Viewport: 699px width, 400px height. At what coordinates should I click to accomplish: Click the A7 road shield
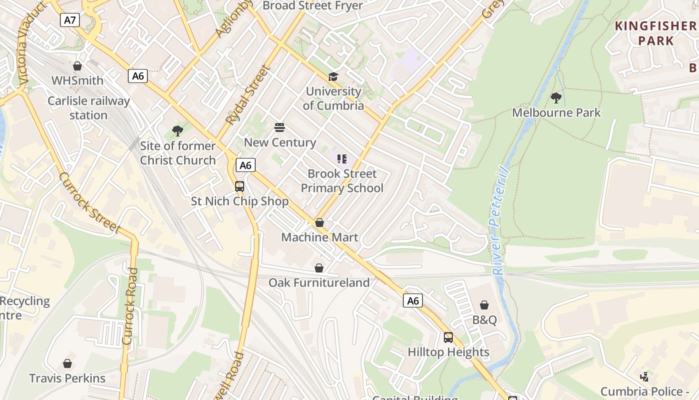point(70,20)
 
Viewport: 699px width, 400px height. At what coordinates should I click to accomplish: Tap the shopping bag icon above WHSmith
point(77,66)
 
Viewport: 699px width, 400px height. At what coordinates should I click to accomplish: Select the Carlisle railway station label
point(88,108)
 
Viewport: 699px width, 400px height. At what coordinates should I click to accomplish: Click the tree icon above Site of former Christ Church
point(177,131)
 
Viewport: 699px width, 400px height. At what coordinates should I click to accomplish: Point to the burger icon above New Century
point(280,127)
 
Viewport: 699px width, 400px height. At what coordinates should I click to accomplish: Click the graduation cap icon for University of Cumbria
point(333,76)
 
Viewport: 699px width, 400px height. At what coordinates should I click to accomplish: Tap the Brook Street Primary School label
point(342,181)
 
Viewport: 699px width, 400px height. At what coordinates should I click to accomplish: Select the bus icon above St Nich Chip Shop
point(240,186)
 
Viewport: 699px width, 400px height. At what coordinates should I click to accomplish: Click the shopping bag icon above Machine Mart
point(320,222)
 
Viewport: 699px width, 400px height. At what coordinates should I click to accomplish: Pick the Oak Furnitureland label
point(319,282)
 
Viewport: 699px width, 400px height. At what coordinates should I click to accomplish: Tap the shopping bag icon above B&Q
point(484,305)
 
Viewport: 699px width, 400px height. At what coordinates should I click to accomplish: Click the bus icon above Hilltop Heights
point(448,337)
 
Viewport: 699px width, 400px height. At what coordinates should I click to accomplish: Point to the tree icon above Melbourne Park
point(556,98)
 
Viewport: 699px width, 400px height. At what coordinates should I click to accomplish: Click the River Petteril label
point(500,220)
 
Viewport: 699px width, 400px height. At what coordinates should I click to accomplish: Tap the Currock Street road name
point(90,203)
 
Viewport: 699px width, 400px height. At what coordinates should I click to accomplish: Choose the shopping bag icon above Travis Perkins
point(67,363)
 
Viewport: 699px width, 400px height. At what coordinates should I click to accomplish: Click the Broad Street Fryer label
point(313,5)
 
